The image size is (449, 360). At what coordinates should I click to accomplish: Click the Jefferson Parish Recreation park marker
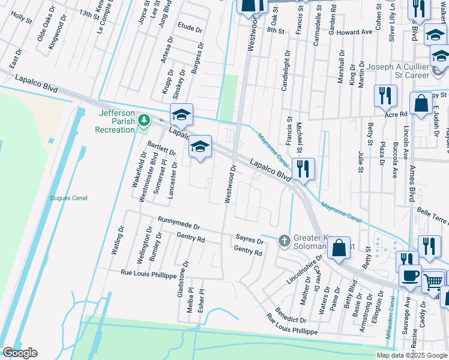tap(143, 121)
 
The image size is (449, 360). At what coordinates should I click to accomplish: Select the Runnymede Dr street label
tap(179, 224)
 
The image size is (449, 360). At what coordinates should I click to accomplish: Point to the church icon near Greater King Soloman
tap(284, 241)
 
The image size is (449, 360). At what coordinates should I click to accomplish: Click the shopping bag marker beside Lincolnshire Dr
tap(339, 247)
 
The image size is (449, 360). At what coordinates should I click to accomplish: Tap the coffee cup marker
tap(411, 276)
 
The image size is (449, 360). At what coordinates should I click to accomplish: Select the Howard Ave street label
tap(354, 32)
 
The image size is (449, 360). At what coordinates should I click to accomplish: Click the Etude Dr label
tap(190, 26)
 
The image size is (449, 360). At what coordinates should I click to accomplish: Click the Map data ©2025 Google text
tap(411, 355)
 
